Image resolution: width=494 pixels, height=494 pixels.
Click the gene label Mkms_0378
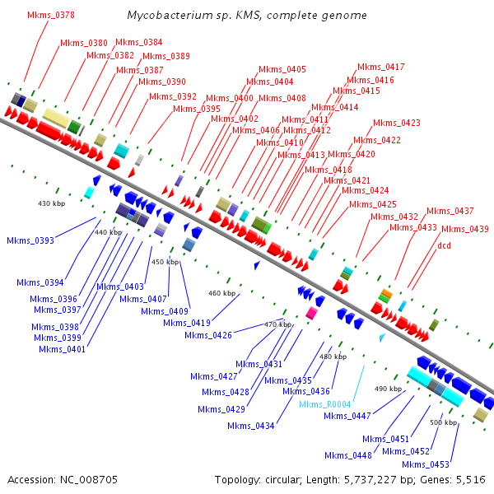tap(50, 15)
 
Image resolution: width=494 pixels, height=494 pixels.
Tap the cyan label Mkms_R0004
tap(326, 404)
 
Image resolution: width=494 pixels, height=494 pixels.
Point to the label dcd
tap(445, 245)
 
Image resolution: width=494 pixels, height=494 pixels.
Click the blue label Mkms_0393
tap(30, 240)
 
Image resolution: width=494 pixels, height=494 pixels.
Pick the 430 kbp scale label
tap(51, 203)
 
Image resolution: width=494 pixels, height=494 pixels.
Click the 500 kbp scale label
tap(443, 422)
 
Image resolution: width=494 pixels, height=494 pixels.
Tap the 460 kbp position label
tap(221, 293)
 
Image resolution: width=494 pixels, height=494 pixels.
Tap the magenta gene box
tap(311, 314)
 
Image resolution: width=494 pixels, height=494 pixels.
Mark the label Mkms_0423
tap(397, 123)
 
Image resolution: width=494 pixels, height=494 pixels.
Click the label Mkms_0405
tap(282, 69)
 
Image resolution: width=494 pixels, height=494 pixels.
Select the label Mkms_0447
tap(348, 416)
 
